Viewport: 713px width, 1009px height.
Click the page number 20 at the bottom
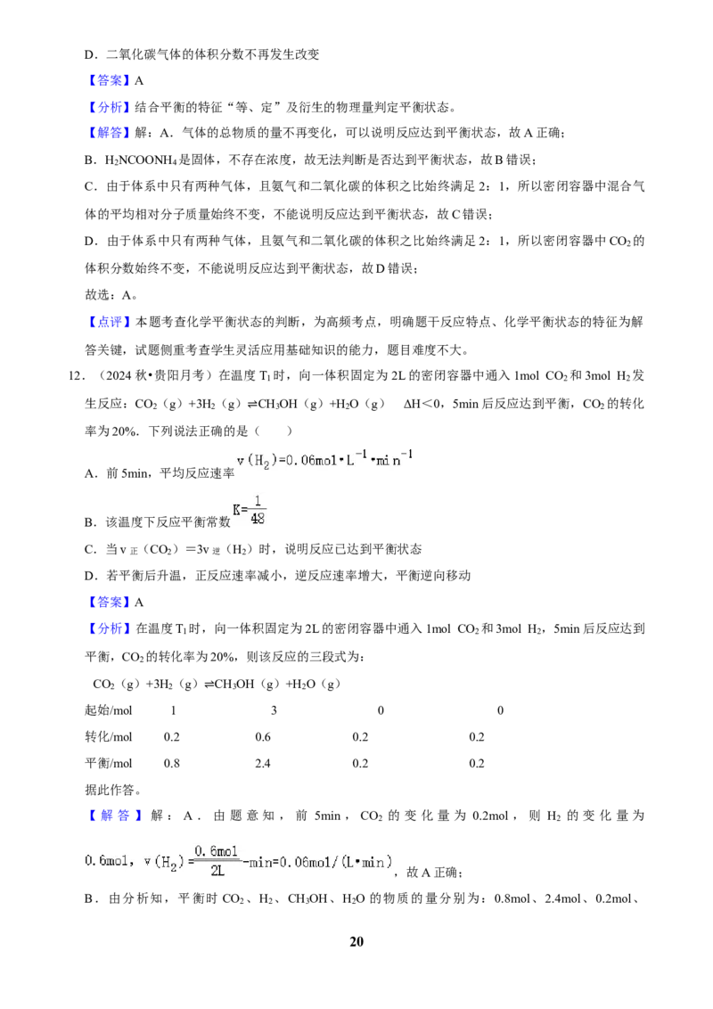(x=356, y=941)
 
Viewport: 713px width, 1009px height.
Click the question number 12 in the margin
(x=75, y=376)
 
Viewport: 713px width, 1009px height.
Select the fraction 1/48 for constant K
(x=258, y=510)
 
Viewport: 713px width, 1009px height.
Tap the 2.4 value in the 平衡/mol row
(x=263, y=764)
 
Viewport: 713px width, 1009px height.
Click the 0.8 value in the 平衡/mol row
(x=172, y=764)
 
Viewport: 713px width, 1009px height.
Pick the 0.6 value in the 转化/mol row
(x=263, y=737)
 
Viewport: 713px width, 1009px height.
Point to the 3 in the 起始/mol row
(x=275, y=710)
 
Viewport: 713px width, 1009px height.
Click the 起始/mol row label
(x=108, y=710)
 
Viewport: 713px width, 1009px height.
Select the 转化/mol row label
(x=108, y=737)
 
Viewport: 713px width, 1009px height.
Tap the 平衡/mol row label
(x=108, y=764)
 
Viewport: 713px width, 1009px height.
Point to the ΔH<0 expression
(x=425, y=404)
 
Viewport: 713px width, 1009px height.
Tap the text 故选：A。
(x=111, y=295)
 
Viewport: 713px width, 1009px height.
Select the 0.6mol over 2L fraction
(x=217, y=861)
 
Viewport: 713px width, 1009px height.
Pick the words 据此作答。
(x=112, y=791)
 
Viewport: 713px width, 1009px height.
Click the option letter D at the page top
(x=89, y=55)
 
